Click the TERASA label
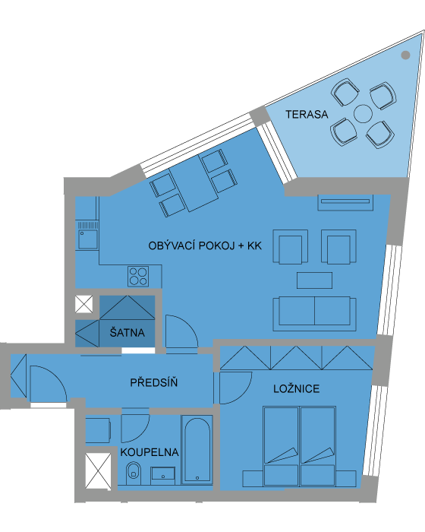click(x=307, y=114)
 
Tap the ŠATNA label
click(x=127, y=332)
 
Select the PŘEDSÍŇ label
click(x=154, y=383)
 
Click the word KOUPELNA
click(x=150, y=452)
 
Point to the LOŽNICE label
click(x=297, y=389)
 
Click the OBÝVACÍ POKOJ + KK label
click(x=205, y=245)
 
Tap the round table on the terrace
click(x=363, y=114)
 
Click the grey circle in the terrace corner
click(x=405, y=55)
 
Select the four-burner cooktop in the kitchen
click(x=138, y=276)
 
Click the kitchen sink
click(x=88, y=239)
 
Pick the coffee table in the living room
click(x=314, y=280)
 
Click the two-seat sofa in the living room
click(x=314, y=314)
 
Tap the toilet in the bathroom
click(x=134, y=473)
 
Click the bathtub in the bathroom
click(x=197, y=449)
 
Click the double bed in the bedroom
click(x=299, y=446)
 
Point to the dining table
click(x=194, y=184)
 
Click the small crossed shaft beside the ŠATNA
click(x=83, y=304)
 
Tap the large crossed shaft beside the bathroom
click(x=98, y=470)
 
